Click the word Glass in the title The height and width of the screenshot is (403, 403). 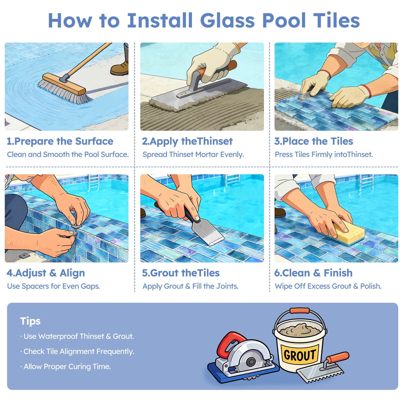228,20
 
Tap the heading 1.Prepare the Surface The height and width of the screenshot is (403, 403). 60,141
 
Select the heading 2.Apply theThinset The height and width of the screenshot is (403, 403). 187,141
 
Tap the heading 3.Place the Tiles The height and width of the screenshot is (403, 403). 314,141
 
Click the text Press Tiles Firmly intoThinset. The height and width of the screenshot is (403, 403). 324,154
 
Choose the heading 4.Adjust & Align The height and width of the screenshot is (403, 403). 46,273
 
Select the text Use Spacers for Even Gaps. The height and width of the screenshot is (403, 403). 53,286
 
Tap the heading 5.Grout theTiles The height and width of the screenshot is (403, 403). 181,273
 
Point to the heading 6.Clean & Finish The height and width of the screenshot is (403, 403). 313,273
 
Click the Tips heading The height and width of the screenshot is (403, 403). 30,321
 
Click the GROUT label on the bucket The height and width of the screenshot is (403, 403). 300,355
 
